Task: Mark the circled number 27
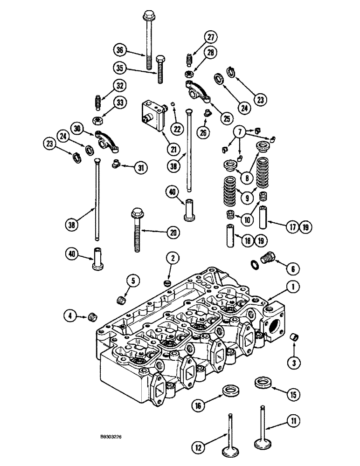(x=212, y=38)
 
